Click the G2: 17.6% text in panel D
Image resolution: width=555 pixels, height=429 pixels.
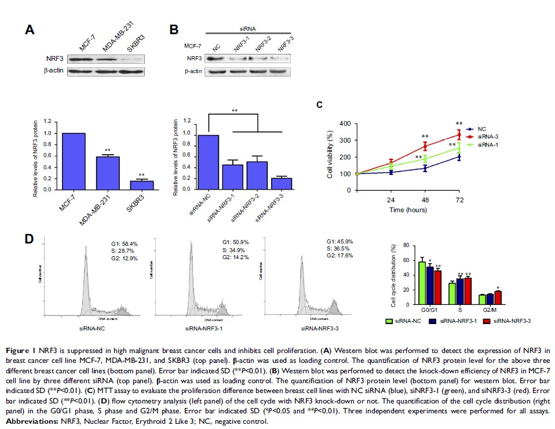pyautogui.click(x=338, y=256)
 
